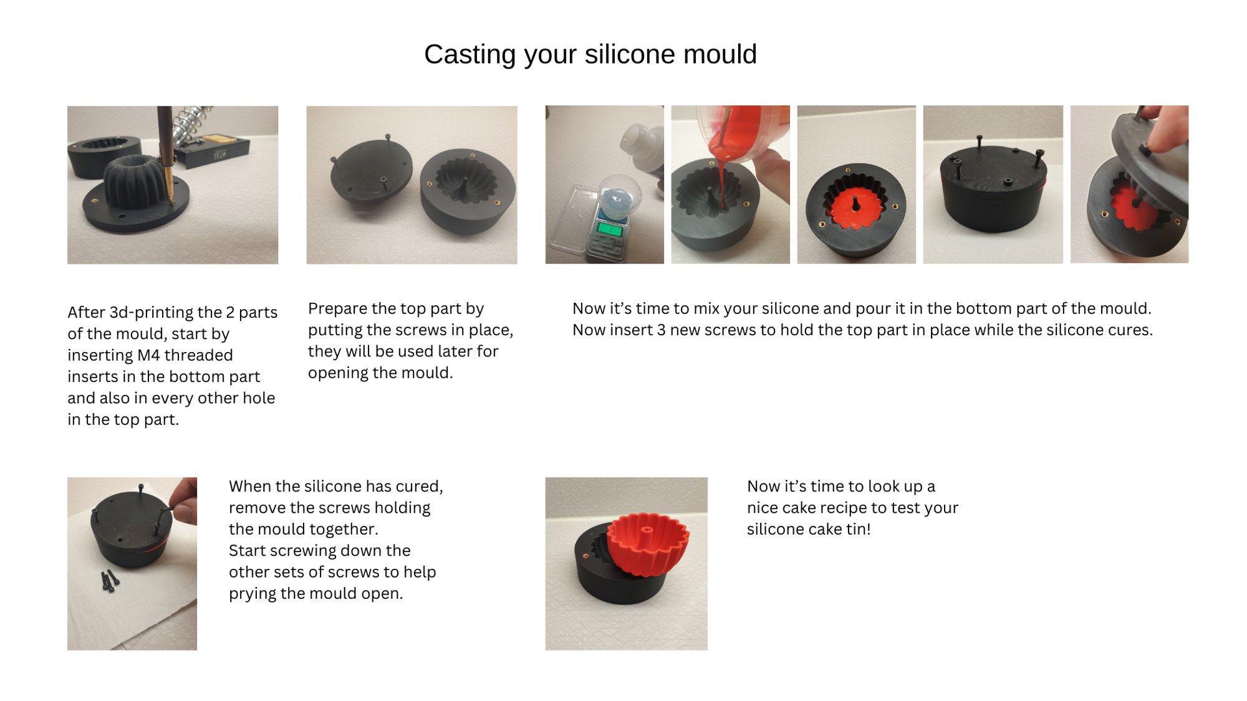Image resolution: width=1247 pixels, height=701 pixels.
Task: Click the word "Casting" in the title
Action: coord(469,55)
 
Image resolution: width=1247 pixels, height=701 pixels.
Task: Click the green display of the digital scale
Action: coord(609,229)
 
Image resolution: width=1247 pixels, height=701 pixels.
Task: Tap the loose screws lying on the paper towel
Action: coord(110,580)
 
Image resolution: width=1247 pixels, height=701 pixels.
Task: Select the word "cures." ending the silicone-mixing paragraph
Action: coord(1131,330)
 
